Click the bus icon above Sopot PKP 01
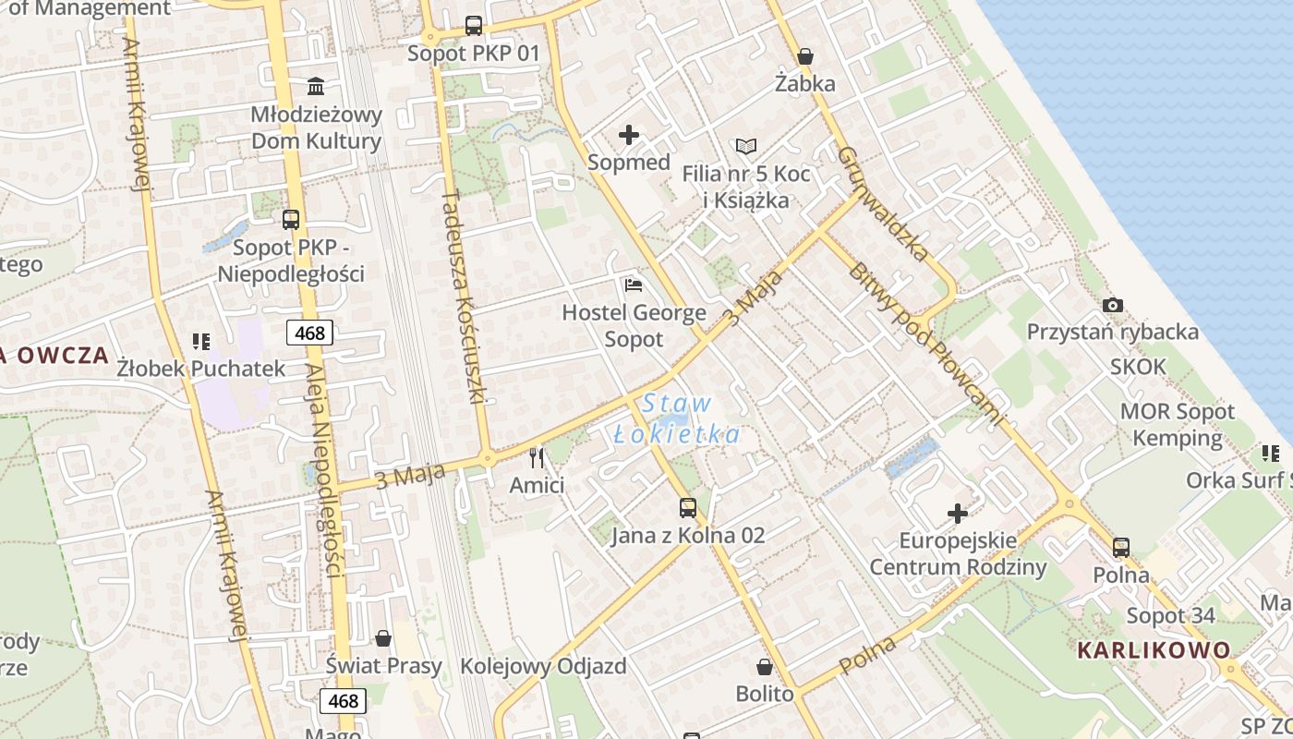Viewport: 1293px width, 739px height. point(474,26)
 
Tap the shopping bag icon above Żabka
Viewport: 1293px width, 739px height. point(805,56)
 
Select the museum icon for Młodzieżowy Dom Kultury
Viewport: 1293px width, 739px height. point(316,87)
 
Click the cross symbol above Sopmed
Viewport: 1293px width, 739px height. point(629,136)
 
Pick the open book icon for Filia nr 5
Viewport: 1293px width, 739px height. point(746,146)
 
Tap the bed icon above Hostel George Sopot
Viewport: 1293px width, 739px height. point(634,285)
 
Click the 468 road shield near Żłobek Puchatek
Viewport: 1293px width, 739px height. point(309,333)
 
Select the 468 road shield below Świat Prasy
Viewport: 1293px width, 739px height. point(343,701)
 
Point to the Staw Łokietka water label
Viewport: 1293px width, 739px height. point(677,418)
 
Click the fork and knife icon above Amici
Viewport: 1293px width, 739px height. point(537,457)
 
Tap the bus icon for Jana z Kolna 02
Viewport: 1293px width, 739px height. point(688,507)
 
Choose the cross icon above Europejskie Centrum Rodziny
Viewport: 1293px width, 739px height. point(959,513)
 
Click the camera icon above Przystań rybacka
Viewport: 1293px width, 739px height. point(1113,305)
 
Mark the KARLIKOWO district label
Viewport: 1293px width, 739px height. point(1154,649)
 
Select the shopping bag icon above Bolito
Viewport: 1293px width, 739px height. point(765,666)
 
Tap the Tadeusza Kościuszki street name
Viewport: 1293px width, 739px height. point(464,297)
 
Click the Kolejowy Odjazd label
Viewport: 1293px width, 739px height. point(543,666)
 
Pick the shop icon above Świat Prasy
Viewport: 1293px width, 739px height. point(383,638)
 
